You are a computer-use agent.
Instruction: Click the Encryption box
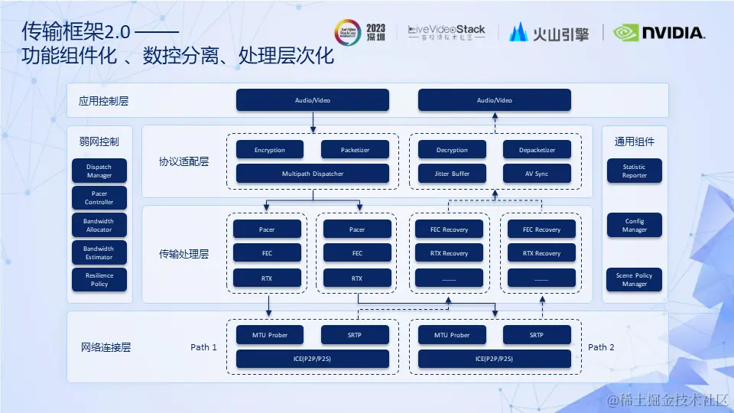[x=270, y=150]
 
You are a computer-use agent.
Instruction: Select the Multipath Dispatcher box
[x=313, y=174]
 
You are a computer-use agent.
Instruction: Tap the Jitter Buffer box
[x=453, y=174]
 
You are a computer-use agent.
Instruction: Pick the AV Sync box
[x=537, y=174]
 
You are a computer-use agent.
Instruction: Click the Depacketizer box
[x=537, y=150]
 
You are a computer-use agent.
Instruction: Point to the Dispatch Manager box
[x=99, y=171]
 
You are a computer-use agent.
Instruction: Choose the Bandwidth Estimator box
[x=99, y=252]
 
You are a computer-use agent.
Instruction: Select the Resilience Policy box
[x=99, y=279]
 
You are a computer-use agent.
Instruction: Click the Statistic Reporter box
[x=634, y=171]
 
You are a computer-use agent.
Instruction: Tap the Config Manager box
[x=634, y=225]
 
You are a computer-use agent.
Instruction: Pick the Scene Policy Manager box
[x=634, y=279]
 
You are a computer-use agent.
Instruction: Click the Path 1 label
[x=204, y=347]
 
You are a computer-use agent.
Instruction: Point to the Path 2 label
[x=602, y=347]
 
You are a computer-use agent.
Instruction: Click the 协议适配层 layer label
[x=183, y=162]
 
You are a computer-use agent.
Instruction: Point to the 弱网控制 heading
[x=99, y=141]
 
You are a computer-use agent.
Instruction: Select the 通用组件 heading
[x=635, y=141]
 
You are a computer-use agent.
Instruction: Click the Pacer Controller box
[x=99, y=198]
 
